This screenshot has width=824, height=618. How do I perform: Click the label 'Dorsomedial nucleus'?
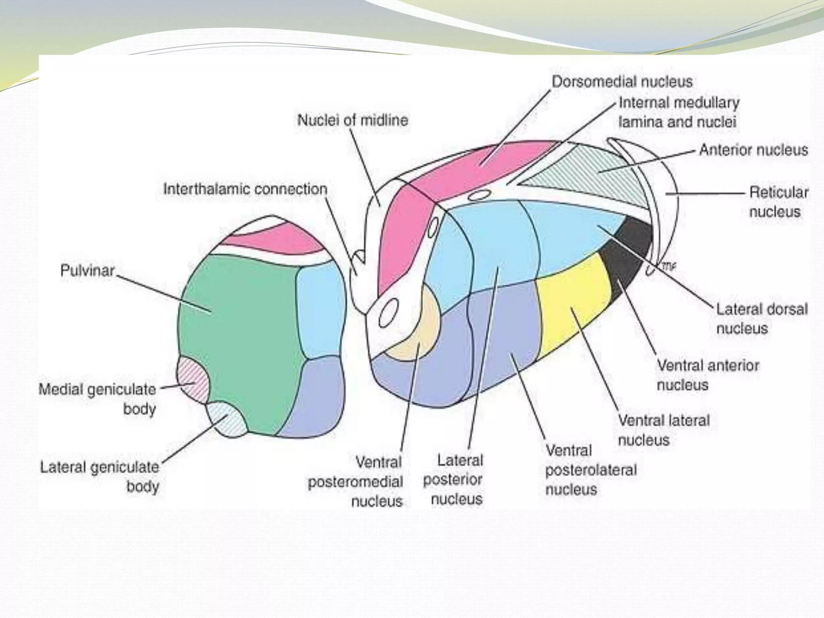tap(622, 82)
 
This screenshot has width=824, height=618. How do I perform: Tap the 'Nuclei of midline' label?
tap(352, 120)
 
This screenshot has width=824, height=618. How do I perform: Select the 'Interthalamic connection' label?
tap(245, 189)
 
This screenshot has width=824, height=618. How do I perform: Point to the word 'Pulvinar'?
tap(87, 270)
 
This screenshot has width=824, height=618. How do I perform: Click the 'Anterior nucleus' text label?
tap(753, 150)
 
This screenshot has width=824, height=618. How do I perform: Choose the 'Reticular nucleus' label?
tap(778, 202)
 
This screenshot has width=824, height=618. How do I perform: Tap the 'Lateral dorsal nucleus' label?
tap(762, 319)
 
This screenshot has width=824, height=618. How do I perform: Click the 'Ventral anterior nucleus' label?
tap(708, 375)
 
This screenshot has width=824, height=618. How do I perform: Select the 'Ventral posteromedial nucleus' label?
tap(356, 482)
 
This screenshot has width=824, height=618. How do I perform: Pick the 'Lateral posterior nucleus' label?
tap(453, 480)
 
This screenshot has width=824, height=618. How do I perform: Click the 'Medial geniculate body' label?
tap(98, 399)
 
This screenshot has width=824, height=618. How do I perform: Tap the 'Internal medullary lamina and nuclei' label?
tap(678, 112)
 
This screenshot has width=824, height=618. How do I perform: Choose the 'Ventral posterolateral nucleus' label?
tap(591, 470)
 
